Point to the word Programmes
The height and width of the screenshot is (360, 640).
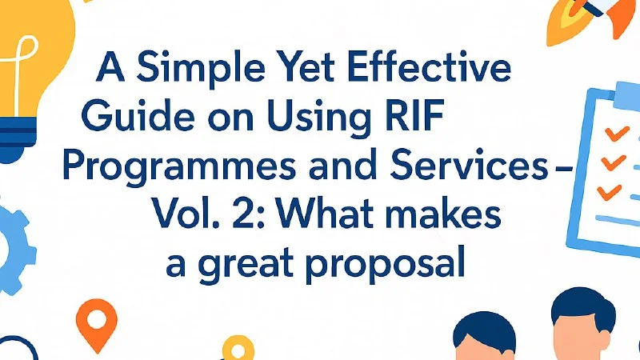click(179, 168)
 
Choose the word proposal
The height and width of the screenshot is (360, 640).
click(385, 265)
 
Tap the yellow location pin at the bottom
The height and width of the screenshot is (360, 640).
click(238, 348)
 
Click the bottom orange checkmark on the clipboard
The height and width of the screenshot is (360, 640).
click(610, 192)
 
